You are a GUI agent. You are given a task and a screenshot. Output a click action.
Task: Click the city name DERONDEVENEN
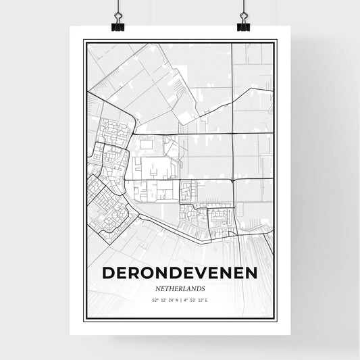180,273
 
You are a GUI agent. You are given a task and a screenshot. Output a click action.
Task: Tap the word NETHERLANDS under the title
180,287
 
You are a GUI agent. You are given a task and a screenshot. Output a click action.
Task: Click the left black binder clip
117,26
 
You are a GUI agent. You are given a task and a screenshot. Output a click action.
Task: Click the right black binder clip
243,26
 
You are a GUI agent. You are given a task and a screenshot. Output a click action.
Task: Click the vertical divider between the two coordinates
180,300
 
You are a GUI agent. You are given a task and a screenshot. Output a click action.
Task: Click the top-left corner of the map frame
84,41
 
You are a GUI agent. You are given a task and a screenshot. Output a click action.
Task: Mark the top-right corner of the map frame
276,41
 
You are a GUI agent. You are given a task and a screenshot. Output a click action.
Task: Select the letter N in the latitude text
174,300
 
